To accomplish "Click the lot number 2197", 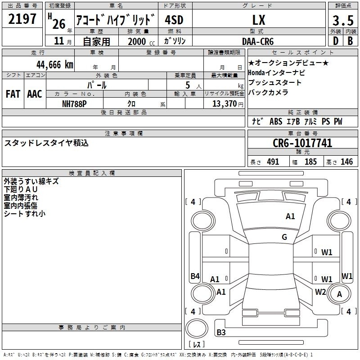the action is click(x=22, y=19).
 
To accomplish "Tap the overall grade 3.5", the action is click(x=343, y=20).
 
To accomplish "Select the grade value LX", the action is click(x=259, y=20).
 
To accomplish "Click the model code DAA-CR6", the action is click(x=258, y=41).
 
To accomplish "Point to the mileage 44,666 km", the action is click(x=55, y=65).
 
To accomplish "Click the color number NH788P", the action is click(x=74, y=104).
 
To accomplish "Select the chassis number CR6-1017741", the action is click(x=302, y=143).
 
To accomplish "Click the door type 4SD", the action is click(x=174, y=20).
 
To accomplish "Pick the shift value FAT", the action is click(x=13, y=94).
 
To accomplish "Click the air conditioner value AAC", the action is click(x=35, y=94).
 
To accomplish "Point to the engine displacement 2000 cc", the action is click(x=141, y=41).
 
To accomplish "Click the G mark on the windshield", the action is click(x=284, y=237).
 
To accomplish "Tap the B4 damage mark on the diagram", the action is click(x=195, y=276).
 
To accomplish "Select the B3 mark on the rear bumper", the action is click(x=221, y=332).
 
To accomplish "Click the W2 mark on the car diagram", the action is click(x=320, y=292).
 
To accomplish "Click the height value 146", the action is click(x=346, y=162).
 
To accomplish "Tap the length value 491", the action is click(x=273, y=162).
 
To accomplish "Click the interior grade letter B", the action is click(x=350, y=41).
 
